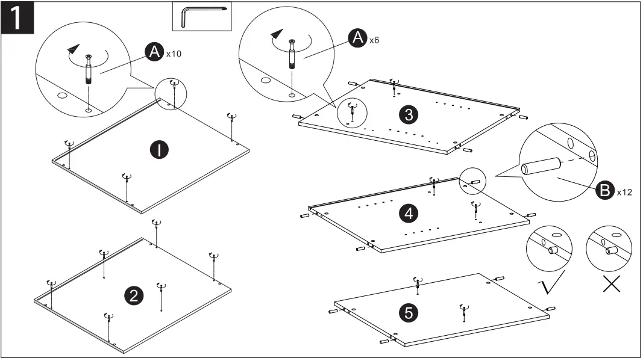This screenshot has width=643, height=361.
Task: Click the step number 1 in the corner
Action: click(x=18, y=17)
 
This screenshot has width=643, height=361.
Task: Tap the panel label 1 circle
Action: click(x=158, y=150)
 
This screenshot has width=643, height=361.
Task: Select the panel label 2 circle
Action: click(x=133, y=295)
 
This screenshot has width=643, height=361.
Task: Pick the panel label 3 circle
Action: click(x=409, y=115)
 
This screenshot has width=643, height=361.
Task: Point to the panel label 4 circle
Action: click(x=409, y=212)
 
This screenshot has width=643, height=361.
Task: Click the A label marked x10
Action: click(x=155, y=53)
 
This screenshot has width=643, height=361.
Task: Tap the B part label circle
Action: click(x=603, y=191)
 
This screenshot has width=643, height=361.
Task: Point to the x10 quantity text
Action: click(x=173, y=54)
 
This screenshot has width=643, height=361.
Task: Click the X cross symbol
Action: click(x=612, y=283)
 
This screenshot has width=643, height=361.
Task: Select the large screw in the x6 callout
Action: click(x=292, y=55)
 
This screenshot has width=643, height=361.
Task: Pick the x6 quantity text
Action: click(x=374, y=40)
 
